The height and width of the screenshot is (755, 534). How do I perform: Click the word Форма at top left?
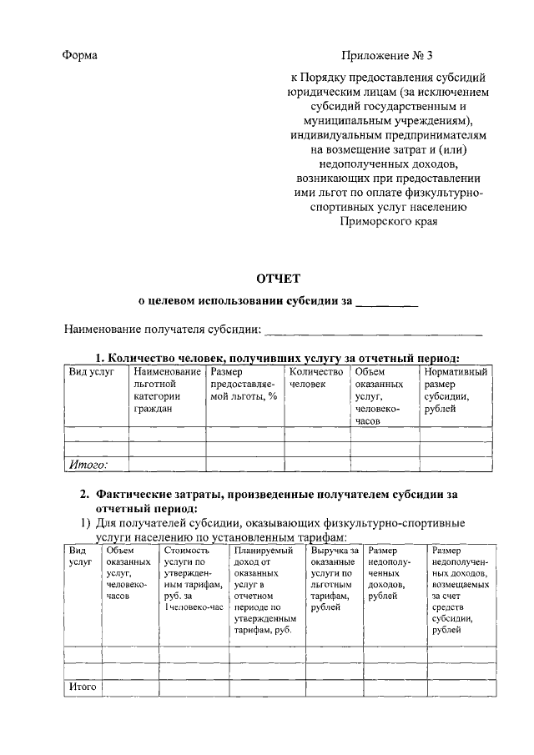pos(80,56)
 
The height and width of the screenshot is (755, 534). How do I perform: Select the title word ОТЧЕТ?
pos(277,279)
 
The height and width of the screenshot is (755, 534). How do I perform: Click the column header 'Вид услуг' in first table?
pos(91,371)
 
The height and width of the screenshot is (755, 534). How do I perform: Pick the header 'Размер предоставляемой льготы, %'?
pos(243,384)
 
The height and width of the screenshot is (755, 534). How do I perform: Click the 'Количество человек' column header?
pos(315,378)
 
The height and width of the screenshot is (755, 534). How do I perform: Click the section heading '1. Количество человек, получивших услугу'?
pos(276,357)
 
